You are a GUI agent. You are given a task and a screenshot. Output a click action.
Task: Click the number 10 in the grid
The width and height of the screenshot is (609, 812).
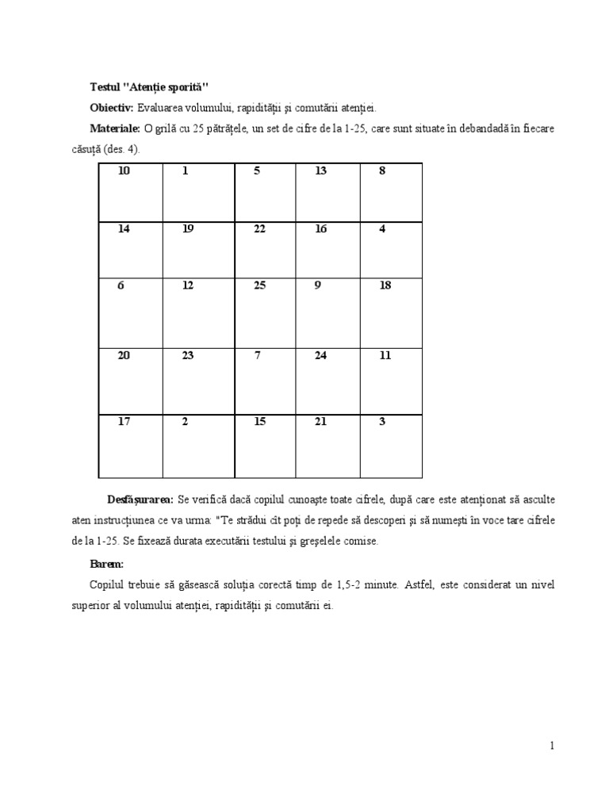(124, 170)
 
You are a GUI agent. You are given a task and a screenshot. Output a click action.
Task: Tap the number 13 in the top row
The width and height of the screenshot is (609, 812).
(320, 170)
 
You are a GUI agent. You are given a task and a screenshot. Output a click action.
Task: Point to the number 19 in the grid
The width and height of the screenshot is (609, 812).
(188, 229)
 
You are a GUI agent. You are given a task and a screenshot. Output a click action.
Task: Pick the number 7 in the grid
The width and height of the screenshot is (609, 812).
(258, 355)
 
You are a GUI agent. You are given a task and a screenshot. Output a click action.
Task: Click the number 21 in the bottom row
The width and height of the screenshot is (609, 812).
(320, 421)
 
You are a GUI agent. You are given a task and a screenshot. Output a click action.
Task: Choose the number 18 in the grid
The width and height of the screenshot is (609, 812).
(385, 285)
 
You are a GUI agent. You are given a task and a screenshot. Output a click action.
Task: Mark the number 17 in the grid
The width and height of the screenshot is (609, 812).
(124, 421)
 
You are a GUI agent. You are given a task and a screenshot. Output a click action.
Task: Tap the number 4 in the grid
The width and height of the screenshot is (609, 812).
(382, 229)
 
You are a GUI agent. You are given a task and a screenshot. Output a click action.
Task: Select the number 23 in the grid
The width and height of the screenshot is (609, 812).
(188, 355)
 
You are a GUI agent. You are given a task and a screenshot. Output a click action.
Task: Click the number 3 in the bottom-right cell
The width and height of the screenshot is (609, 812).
(382, 421)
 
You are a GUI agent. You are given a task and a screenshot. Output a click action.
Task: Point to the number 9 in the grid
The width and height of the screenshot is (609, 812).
(318, 285)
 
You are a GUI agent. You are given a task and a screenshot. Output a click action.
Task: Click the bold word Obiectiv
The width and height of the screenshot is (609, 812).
(112, 107)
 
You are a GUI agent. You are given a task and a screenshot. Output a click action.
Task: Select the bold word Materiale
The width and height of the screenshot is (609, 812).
(115, 128)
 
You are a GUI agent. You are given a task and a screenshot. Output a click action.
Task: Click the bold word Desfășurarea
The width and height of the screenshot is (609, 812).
(140, 500)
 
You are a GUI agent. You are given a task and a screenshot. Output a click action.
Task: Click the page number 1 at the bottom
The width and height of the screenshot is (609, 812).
(551, 745)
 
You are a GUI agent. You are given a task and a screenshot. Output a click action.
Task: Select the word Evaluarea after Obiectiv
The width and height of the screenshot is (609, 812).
(161, 107)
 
